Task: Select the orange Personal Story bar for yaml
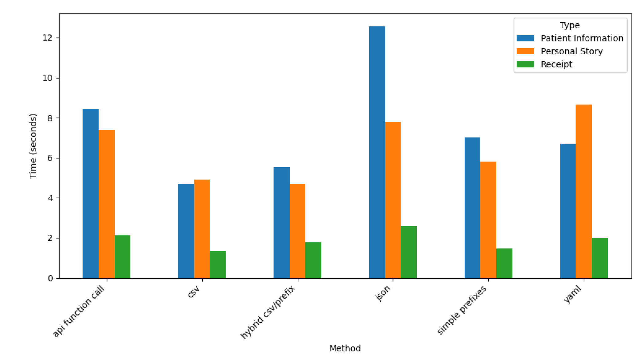(x=583, y=192)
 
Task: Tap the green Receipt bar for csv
(x=218, y=265)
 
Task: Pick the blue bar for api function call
(x=91, y=193)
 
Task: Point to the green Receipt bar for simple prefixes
(x=504, y=263)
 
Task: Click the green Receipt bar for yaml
(x=600, y=258)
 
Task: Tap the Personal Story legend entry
(x=571, y=51)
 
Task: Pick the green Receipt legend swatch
(x=525, y=64)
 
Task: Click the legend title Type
(x=570, y=25)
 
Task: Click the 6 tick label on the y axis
(x=50, y=158)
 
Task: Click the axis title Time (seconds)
(x=33, y=146)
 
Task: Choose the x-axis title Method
(x=345, y=348)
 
